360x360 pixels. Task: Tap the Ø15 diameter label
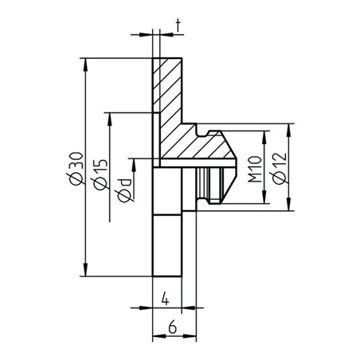(x=98, y=174)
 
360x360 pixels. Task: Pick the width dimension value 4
(x=164, y=299)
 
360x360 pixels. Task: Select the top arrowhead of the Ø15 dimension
(x=109, y=117)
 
